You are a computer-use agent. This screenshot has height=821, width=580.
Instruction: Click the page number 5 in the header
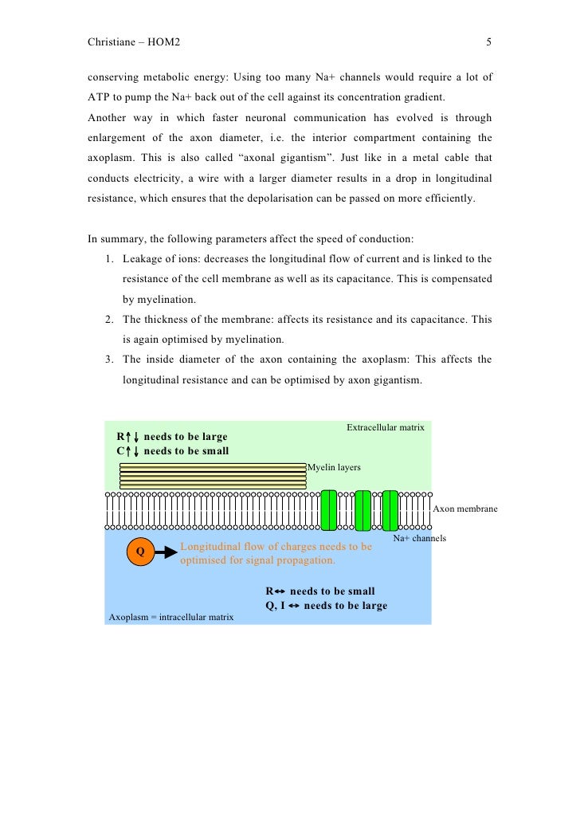pos(488,42)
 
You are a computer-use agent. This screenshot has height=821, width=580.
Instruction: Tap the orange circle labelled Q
pos(140,552)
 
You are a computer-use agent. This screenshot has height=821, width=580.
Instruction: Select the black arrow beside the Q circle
pos(166,552)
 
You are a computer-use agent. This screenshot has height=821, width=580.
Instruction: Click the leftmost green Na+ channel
pos(328,510)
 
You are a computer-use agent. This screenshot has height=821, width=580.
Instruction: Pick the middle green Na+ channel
pos(362,510)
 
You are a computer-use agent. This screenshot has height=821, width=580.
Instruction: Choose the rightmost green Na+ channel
pos(390,510)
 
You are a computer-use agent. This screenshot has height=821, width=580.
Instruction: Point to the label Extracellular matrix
pos(385,428)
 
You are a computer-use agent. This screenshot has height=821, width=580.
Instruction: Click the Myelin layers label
pos(334,467)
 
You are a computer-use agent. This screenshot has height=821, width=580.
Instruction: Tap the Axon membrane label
pos(464,509)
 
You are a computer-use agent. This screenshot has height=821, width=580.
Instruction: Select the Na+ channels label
pos(419,539)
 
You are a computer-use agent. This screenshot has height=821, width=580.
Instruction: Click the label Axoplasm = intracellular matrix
pos(170,617)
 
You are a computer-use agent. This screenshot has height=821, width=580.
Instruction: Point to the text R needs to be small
pos(319,591)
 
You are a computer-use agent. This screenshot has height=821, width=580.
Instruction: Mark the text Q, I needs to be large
pos(326,606)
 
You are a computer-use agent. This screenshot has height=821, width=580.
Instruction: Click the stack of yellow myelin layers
pos(213,475)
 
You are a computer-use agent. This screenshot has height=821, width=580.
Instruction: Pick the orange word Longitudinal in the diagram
pos(214,547)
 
